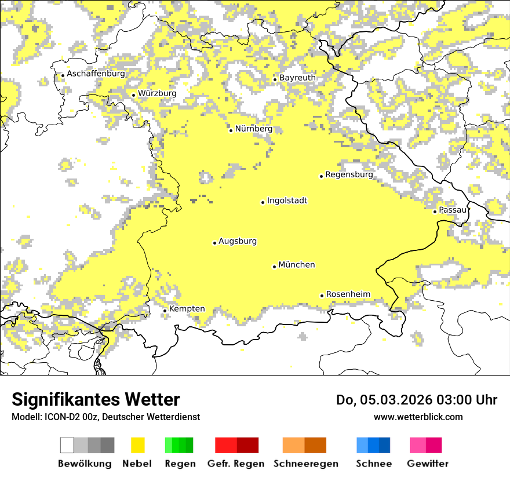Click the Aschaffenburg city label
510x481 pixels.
[96, 74]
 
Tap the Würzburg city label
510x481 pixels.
[157, 93]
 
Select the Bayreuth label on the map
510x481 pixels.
[297, 78]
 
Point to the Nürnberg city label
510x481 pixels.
[253, 129]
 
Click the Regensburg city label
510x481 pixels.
[349, 174]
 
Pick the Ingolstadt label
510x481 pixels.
[287, 201]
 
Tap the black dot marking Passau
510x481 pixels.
[435, 212]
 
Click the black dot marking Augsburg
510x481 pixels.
[214, 243]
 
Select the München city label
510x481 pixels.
[297, 265]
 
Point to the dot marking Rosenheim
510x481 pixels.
[322, 296]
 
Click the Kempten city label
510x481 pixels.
[187, 309]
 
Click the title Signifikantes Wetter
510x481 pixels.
[96, 400]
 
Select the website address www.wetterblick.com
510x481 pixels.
[418, 417]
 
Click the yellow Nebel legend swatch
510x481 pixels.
[137, 445]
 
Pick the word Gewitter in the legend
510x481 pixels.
[427, 464]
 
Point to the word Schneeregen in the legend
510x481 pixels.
[305, 464]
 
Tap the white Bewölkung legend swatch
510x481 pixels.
[67, 445]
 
